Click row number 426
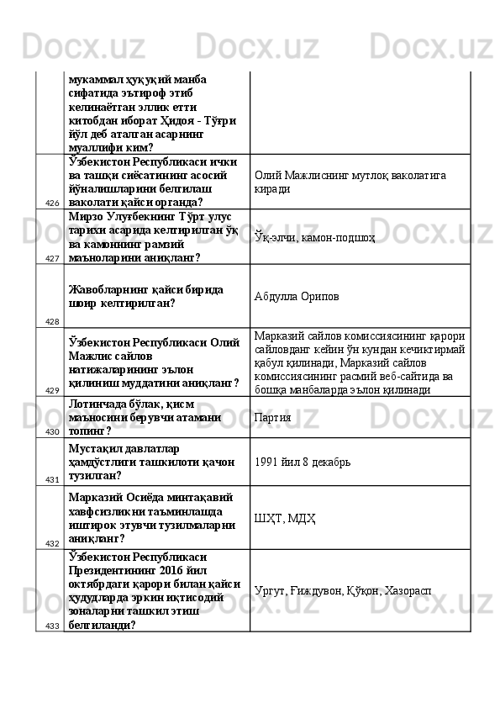(52, 203)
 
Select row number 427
(52, 258)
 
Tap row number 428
(52, 321)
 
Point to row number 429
(52, 390)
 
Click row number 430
(52, 431)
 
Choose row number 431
(52, 479)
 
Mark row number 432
(52, 543)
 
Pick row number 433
(52, 626)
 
